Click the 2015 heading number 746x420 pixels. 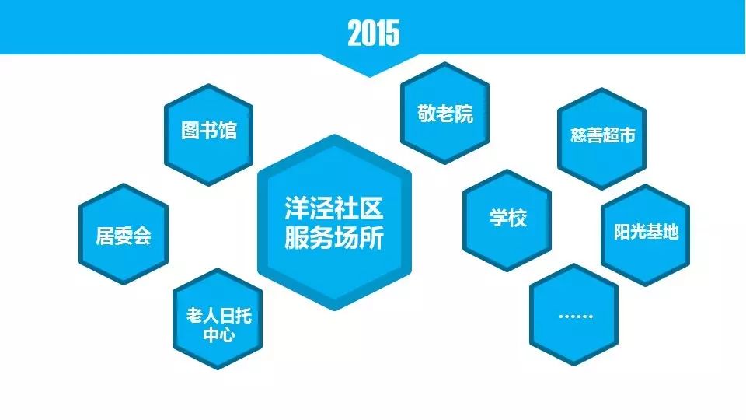374,33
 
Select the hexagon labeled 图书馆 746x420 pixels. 208,135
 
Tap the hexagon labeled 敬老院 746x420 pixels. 444,114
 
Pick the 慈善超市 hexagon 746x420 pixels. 601,138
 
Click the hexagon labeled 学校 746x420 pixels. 507,220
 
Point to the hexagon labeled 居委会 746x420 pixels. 124,234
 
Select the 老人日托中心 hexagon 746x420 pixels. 218,319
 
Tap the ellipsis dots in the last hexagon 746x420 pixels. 576,317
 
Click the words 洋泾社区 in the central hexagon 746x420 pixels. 334,208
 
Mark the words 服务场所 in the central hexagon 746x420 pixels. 334,237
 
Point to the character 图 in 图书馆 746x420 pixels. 190,130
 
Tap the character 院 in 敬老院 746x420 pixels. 464,114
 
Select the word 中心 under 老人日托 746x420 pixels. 219,334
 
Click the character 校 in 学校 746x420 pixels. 518,218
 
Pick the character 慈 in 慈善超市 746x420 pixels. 579,135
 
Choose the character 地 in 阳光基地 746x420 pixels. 671,232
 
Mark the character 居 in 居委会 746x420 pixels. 105,235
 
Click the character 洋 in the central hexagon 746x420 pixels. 297,208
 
